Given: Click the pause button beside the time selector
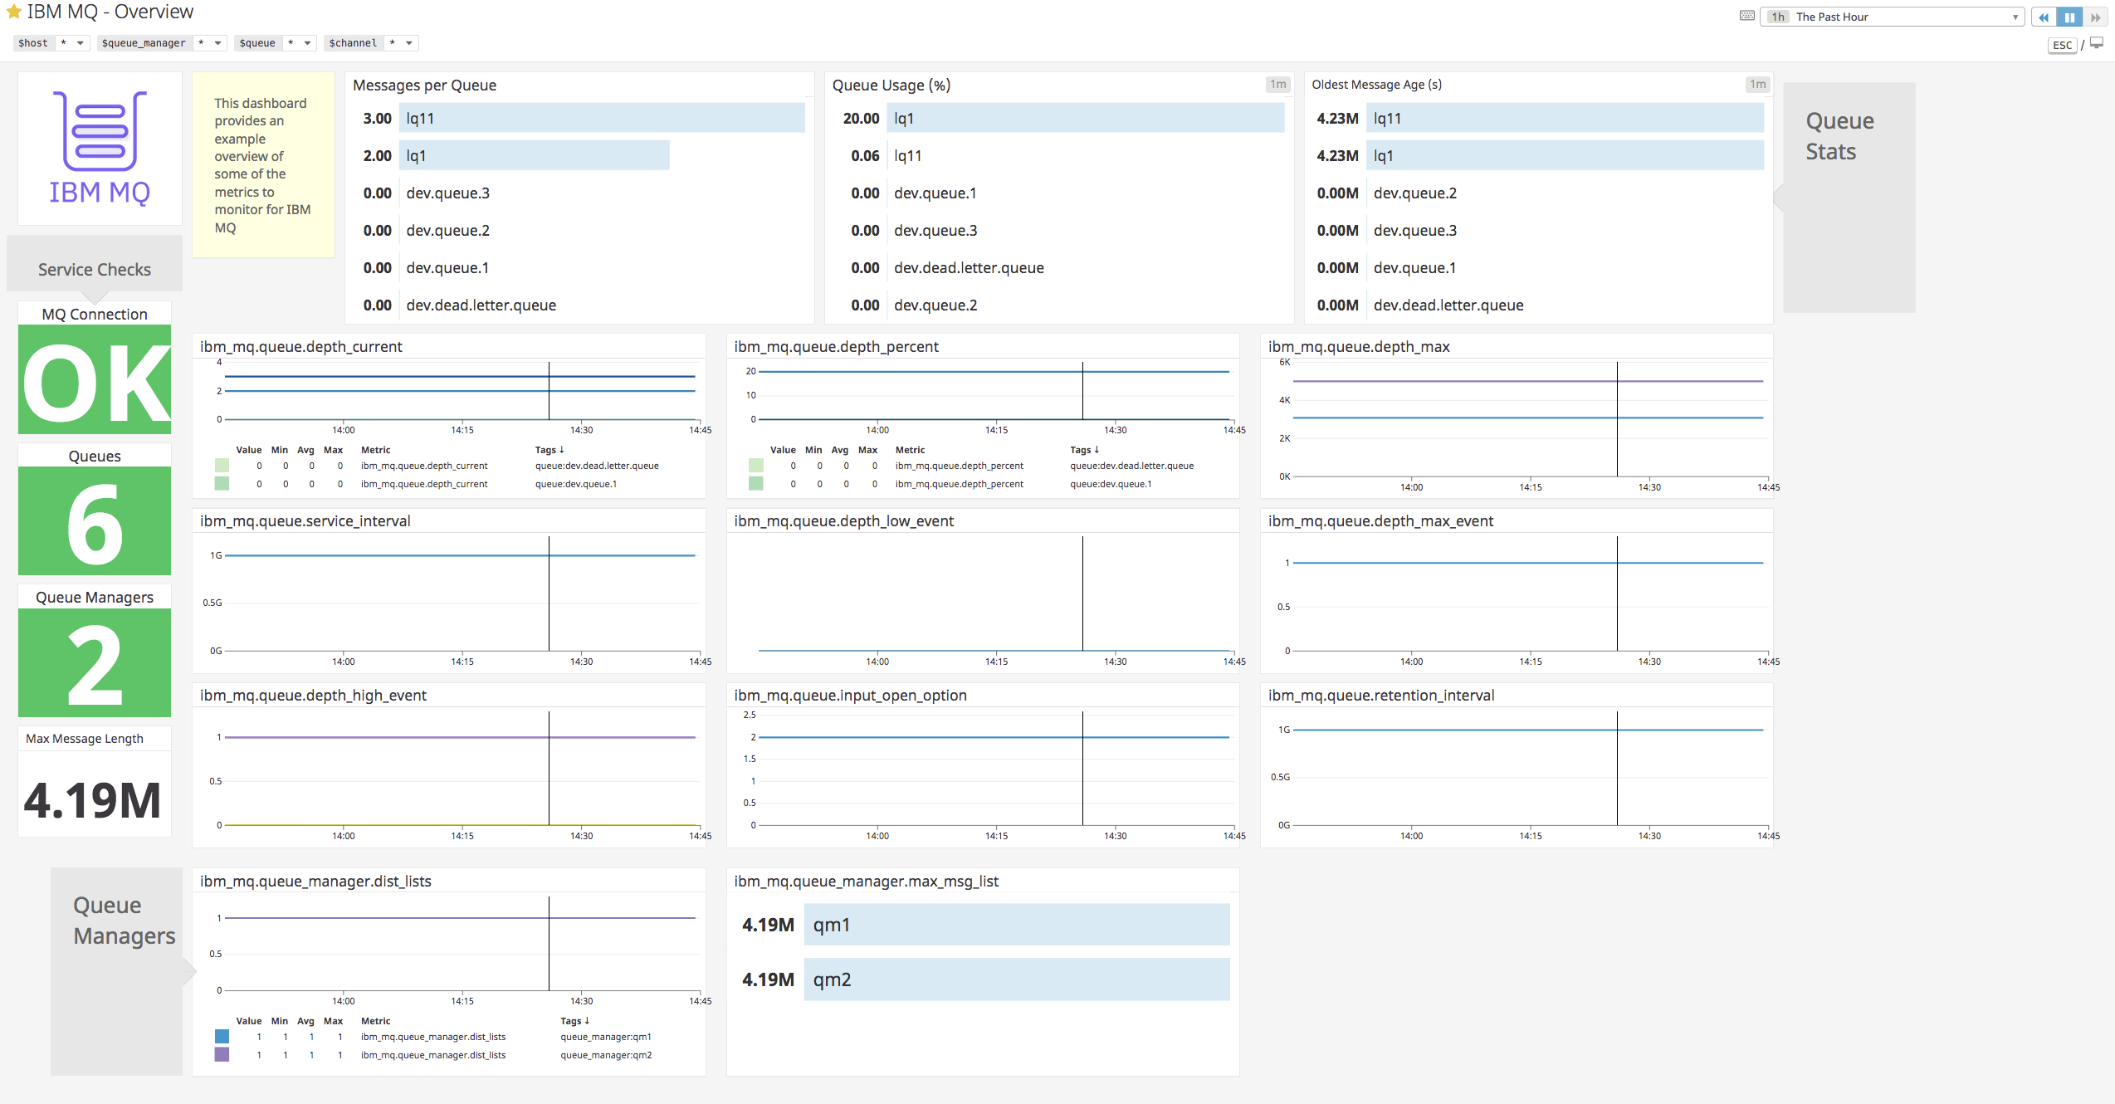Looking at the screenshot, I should [x=2069, y=17].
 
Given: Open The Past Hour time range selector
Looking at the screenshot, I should [x=1893, y=17].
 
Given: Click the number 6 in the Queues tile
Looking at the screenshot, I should [x=95, y=522].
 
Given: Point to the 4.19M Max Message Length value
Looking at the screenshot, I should [x=93, y=800].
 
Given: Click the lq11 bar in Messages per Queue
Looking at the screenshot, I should [x=602, y=119].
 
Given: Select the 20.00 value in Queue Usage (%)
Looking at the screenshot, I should [x=861, y=119].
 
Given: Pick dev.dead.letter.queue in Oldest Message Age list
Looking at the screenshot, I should [x=1448, y=305].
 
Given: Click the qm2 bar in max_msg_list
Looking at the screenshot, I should [x=1016, y=979].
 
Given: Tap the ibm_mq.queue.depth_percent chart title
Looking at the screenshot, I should [x=836, y=347].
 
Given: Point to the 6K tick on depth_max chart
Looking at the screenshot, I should [x=1284, y=363].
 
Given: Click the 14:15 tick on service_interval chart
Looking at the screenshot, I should [x=462, y=662].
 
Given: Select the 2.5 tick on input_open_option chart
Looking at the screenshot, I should [x=750, y=715].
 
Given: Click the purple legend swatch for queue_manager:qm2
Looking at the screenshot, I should [x=222, y=1055].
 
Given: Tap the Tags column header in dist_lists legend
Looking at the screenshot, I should [x=574, y=1021].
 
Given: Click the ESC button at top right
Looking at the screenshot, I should [x=2062, y=46].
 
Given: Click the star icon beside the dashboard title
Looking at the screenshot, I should [x=13, y=12].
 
